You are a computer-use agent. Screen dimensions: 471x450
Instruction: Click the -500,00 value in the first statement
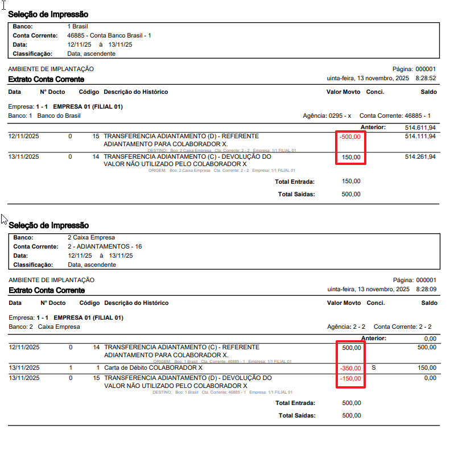click(x=350, y=137)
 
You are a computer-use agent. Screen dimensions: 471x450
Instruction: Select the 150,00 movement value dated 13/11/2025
click(x=351, y=156)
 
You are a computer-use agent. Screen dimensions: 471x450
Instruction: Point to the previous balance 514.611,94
click(x=420, y=127)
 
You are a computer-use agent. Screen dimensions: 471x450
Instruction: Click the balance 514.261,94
click(x=420, y=156)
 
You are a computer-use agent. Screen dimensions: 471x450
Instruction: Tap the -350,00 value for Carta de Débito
click(x=350, y=368)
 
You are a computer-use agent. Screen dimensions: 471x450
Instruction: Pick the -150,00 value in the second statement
click(x=350, y=378)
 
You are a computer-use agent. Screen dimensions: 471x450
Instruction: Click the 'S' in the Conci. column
click(x=373, y=368)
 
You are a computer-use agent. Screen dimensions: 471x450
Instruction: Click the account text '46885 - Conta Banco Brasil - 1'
click(x=109, y=35)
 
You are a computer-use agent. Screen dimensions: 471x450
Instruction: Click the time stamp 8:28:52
click(x=426, y=78)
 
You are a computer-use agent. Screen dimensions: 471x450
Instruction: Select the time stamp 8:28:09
click(x=426, y=290)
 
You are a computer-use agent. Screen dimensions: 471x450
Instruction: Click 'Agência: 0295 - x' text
click(x=327, y=115)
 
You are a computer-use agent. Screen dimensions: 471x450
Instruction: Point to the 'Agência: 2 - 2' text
click(x=346, y=327)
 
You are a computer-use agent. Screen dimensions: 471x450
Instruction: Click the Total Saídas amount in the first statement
click(x=351, y=194)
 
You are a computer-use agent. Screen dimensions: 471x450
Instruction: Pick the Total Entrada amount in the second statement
click(x=351, y=403)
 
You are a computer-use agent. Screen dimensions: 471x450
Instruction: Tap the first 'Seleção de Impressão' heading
click(x=48, y=14)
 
